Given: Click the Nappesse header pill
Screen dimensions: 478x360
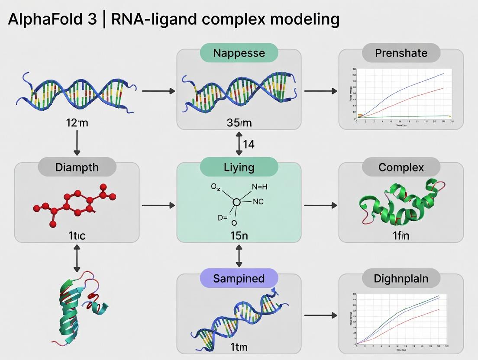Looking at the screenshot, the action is tap(239, 53).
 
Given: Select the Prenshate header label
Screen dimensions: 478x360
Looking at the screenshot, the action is tap(401, 53).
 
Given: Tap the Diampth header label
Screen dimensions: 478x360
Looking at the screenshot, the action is tap(77, 167).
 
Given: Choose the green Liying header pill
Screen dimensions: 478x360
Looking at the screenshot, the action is tap(239, 167).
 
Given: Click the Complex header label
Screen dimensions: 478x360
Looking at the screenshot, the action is tap(401, 167).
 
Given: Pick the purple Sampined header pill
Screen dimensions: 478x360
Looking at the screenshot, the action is tap(239, 278).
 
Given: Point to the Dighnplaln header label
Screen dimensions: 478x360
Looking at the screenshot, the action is tap(401, 278).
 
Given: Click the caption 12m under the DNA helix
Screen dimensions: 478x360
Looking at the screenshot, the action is tap(77, 122).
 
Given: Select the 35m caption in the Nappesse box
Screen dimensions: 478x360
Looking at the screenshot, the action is tap(239, 122).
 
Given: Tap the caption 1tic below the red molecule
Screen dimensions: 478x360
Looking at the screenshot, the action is tap(77, 236).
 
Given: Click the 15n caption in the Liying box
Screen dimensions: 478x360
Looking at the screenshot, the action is tap(239, 236).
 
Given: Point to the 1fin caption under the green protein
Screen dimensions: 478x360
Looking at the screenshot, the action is tap(401, 236).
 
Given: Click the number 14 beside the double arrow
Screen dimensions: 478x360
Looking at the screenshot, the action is tap(249, 144).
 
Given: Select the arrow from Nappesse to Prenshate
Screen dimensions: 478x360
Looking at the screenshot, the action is tap(320, 91).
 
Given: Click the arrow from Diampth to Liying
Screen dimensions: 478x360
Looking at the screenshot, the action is tap(158, 205).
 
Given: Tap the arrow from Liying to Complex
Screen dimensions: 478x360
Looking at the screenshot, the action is tap(320, 205).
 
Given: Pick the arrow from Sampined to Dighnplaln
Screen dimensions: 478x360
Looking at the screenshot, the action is tap(320, 315).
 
